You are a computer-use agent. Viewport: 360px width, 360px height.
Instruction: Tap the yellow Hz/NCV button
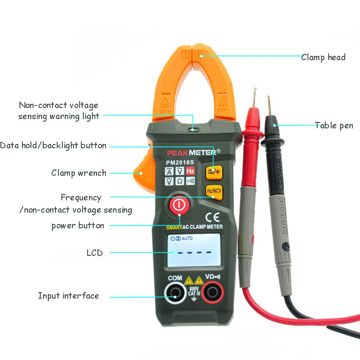click(214, 191)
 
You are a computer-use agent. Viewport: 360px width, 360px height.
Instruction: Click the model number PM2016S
click(180, 161)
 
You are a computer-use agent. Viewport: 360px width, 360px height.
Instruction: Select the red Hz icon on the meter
click(190, 171)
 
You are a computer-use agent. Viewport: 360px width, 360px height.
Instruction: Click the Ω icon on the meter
click(180, 181)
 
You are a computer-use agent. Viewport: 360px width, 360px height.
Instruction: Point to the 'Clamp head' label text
click(323, 57)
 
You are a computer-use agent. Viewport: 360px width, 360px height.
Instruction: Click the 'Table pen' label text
click(334, 125)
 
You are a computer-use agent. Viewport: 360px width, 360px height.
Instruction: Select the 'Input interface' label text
click(69, 296)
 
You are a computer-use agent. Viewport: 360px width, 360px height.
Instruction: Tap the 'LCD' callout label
click(94, 253)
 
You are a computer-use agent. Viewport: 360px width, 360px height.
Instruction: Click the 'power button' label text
click(78, 225)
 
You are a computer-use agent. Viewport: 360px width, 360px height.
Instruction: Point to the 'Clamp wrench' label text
click(79, 173)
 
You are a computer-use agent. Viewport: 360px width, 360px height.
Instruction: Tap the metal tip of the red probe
click(254, 97)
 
